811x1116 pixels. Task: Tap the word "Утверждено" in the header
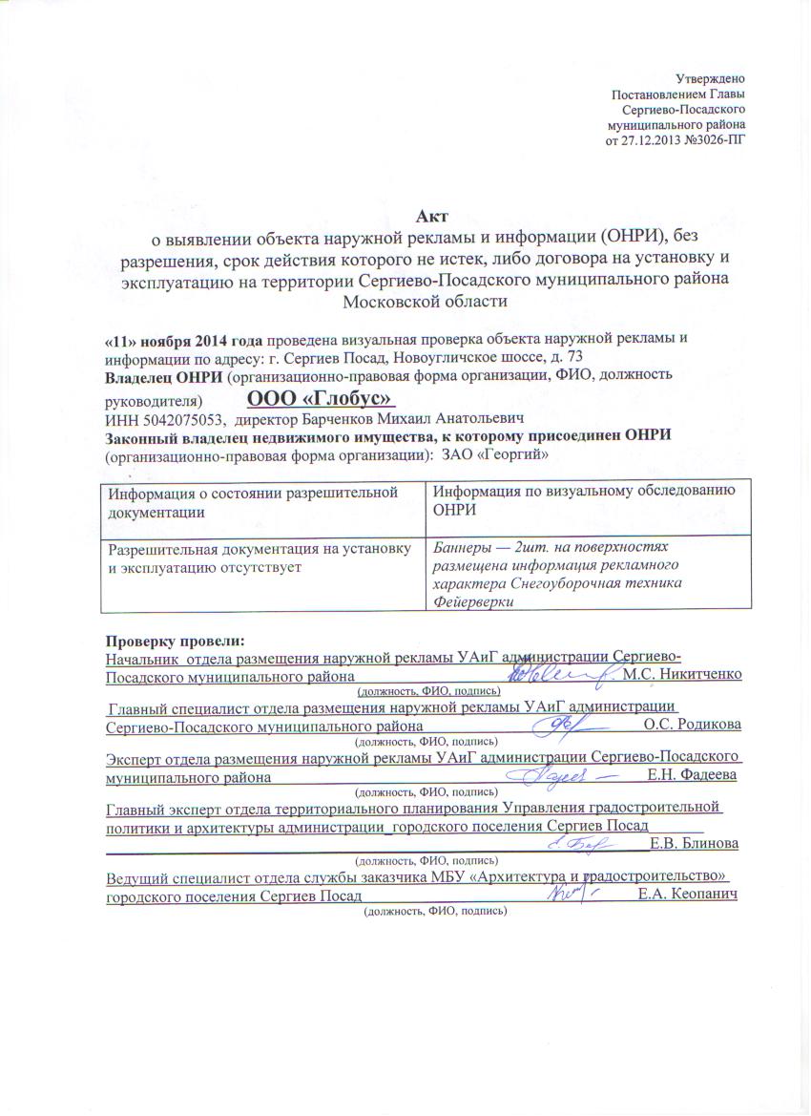711,77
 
